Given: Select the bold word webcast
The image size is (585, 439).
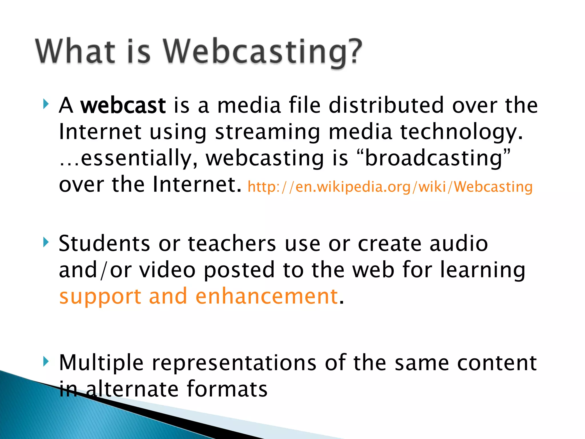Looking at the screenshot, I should (x=123, y=105).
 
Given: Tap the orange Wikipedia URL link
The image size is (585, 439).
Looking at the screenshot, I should (x=390, y=187).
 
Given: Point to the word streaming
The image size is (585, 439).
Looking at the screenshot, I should (x=267, y=132).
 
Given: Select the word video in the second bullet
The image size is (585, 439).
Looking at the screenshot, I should (x=167, y=270).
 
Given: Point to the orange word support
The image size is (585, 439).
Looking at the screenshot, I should (x=100, y=297).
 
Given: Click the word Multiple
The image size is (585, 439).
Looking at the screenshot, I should (x=101, y=363).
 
